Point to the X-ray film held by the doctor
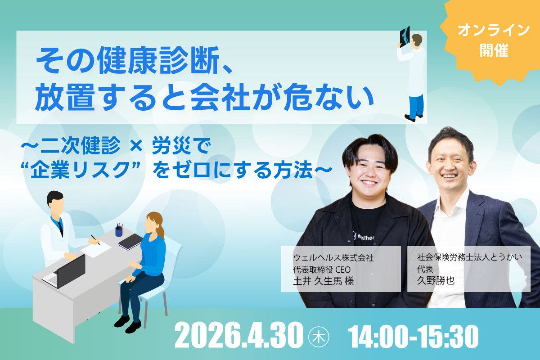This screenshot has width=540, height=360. (405, 36)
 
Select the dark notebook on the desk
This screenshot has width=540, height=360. (130, 242)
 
